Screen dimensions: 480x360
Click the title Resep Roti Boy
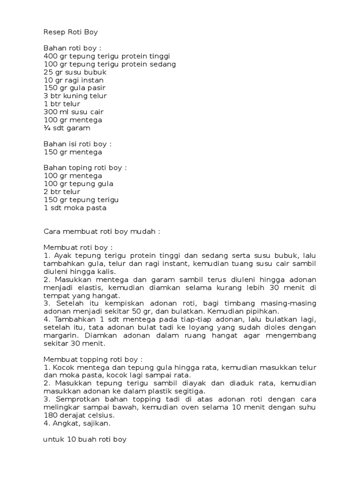click(x=71, y=32)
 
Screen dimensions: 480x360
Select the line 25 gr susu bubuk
click(x=75, y=72)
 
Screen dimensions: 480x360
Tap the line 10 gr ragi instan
click(x=74, y=80)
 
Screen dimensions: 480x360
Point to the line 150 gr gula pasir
click(x=75, y=88)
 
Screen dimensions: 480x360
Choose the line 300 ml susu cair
click(x=74, y=112)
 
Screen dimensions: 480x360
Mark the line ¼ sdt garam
click(x=67, y=128)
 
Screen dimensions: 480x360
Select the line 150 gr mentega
click(x=73, y=152)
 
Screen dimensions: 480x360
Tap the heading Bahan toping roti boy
click(x=85, y=168)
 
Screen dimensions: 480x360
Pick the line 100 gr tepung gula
click(x=78, y=184)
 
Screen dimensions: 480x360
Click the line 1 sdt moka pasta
click(x=75, y=208)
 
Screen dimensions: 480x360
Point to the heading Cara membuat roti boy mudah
click(x=102, y=232)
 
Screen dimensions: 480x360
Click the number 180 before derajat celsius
click(x=50, y=415)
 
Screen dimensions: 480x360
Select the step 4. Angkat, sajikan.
click(x=77, y=423)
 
